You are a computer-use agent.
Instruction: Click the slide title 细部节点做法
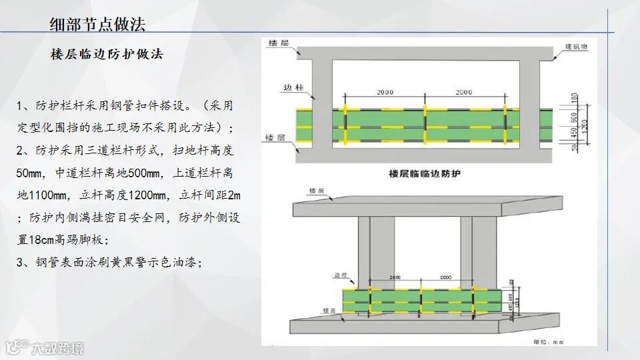pyautogui.click(x=97, y=25)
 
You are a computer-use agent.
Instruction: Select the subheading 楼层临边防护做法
pyautogui.click(x=107, y=55)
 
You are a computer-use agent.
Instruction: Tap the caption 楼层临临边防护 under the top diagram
pyautogui.click(x=425, y=173)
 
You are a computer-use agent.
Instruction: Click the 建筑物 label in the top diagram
pyautogui.click(x=576, y=47)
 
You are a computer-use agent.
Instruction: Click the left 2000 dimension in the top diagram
pyautogui.click(x=385, y=91)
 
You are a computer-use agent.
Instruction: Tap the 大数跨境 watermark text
pyautogui.click(x=60, y=348)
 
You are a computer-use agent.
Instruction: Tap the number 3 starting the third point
pyautogui.click(x=20, y=262)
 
